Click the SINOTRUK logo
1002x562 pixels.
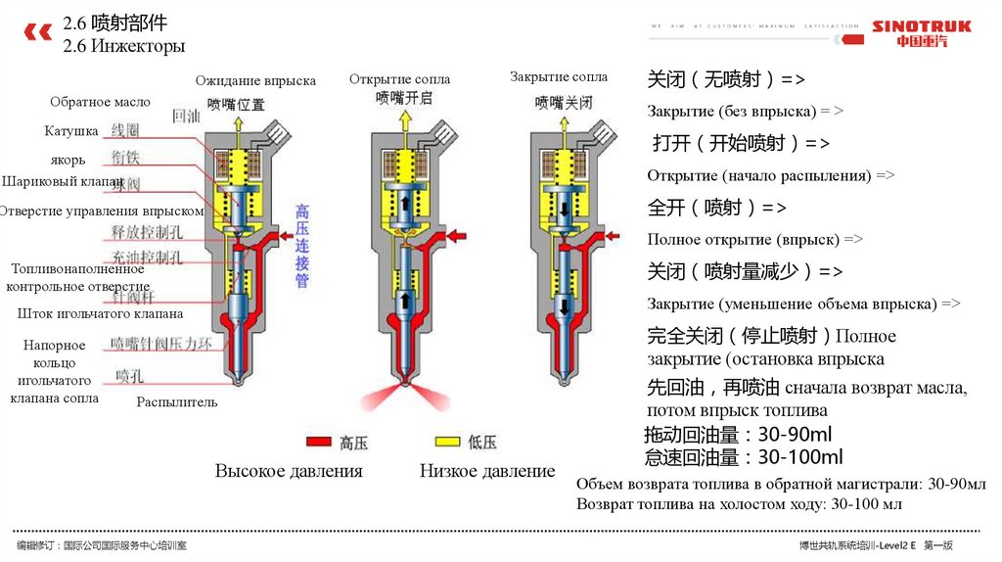(921, 33)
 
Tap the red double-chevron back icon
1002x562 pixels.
(37, 33)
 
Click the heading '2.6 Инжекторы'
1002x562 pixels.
(123, 46)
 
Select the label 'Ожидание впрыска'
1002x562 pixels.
(255, 80)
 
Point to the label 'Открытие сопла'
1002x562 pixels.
(399, 78)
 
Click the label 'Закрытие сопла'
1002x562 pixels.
(559, 76)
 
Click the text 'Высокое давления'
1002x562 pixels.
(289, 471)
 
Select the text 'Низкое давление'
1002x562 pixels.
(487, 471)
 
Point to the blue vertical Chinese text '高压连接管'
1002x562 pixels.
(302, 246)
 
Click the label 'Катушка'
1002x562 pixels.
(70, 130)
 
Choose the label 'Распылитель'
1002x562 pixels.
(177, 401)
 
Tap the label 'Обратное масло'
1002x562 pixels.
(100, 102)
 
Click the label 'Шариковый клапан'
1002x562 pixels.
(62, 182)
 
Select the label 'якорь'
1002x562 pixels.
(68, 160)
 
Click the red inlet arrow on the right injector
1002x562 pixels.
(614, 236)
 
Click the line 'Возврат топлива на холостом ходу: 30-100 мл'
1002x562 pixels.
(740, 504)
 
